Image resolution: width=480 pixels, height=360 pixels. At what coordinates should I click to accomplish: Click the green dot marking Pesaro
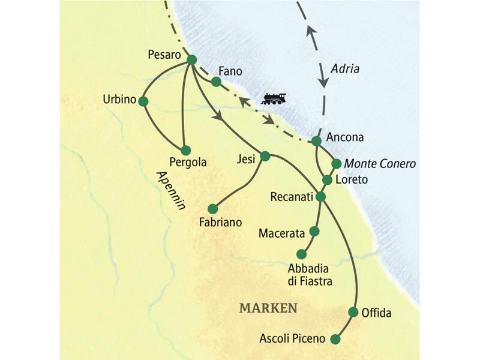click(x=192, y=59)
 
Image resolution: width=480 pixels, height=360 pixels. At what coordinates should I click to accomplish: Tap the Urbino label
click(x=120, y=100)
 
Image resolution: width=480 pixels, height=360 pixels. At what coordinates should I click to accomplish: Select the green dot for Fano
click(x=217, y=81)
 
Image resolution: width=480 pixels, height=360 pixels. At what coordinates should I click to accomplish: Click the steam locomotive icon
click(x=274, y=98)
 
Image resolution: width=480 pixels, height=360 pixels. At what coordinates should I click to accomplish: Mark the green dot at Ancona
click(x=316, y=141)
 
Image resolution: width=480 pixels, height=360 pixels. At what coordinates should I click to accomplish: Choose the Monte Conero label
click(x=380, y=163)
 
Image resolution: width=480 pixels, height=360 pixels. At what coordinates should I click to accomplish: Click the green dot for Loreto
click(x=327, y=179)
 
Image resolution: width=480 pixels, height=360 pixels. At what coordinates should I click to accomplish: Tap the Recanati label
click(x=292, y=197)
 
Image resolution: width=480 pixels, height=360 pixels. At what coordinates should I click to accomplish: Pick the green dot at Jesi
click(x=266, y=156)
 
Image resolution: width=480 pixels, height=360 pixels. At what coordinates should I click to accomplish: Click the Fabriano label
click(x=220, y=222)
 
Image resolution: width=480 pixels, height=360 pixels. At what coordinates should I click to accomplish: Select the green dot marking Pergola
click(x=185, y=150)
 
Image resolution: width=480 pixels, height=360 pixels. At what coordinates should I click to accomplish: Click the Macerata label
click(x=282, y=232)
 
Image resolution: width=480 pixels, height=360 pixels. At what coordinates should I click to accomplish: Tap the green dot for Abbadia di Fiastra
click(x=301, y=254)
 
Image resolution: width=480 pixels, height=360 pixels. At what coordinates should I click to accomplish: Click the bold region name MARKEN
click(x=268, y=308)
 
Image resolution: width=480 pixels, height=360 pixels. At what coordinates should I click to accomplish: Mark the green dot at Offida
click(x=353, y=312)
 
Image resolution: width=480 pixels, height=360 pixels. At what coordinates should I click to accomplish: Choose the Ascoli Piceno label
click(x=292, y=339)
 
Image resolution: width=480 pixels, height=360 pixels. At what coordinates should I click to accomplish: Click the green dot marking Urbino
click(x=143, y=101)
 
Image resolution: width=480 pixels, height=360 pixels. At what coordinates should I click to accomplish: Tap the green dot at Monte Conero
click(x=336, y=163)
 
